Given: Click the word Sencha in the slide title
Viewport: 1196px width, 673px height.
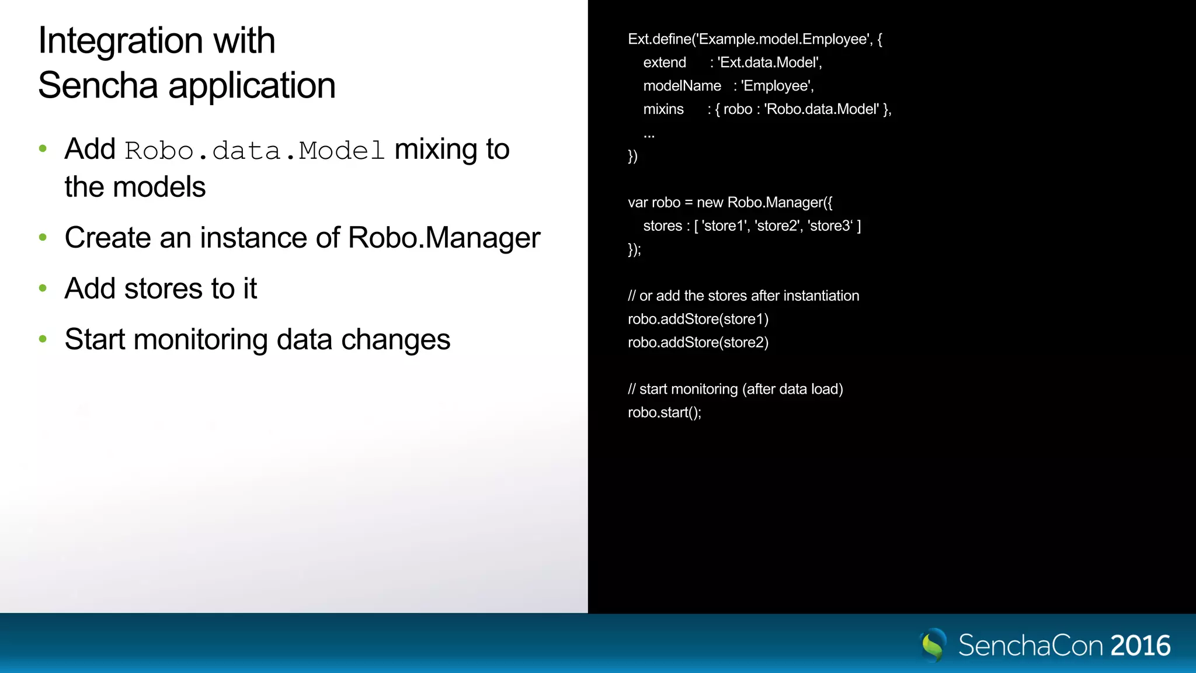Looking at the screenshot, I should point(98,86).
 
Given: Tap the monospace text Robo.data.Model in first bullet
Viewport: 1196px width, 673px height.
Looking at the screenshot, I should point(255,151).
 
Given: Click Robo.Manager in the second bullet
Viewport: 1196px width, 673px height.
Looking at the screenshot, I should point(444,238).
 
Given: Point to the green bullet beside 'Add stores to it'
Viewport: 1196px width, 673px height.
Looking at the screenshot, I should point(43,288).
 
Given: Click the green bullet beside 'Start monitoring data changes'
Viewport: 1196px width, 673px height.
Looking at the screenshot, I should point(43,339).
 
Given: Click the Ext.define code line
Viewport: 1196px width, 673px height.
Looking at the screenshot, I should point(755,39).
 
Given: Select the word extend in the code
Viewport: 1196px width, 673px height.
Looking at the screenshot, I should point(665,63).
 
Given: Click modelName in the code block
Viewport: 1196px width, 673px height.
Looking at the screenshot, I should point(682,86).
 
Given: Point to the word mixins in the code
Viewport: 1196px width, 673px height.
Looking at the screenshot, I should point(663,109).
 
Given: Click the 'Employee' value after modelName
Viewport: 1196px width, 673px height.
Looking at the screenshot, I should point(777,86).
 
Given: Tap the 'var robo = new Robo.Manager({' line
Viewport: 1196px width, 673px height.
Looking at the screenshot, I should point(730,203).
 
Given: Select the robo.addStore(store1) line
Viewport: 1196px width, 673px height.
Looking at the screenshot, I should point(698,319).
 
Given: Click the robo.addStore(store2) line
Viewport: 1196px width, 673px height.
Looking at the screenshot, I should point(698,342).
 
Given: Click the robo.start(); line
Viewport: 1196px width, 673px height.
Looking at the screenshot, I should point(665,412).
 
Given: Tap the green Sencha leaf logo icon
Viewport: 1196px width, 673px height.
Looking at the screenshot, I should point(933,645).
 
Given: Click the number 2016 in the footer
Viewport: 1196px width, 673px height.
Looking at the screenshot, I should point(1140,646).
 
